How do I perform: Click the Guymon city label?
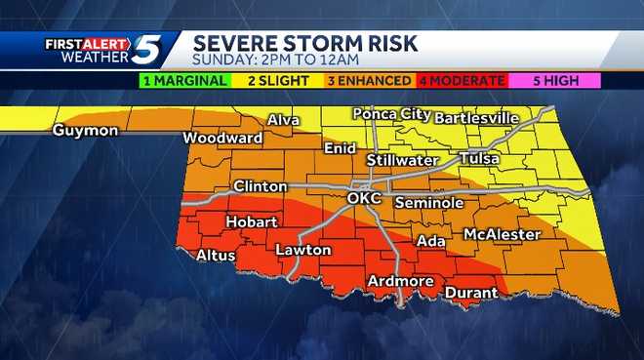86,130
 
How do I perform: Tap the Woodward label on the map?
222,139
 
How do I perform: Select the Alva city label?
283,121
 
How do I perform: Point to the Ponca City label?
391,114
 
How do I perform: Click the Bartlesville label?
476,118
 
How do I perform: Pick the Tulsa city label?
479,158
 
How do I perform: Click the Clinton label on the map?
260,186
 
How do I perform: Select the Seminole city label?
428,203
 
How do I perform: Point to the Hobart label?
252,222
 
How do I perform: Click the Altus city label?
216,255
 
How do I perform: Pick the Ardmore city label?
400,282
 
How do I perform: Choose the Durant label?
471,292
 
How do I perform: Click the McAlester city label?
502,235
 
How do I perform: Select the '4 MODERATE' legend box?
462,81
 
